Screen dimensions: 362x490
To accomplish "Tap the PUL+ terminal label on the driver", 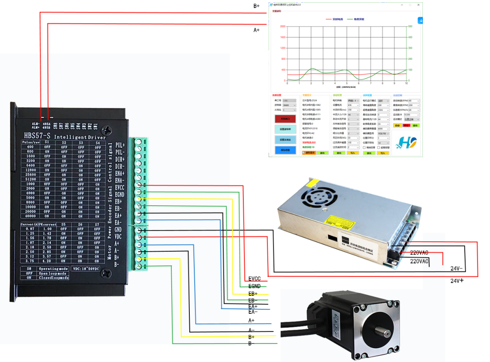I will pyautogui.click(x=120, y=145).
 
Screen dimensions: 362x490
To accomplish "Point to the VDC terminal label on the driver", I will pyautogui.click(x=118, y=237).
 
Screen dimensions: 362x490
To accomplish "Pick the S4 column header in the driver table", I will pyautogui.click(x=97, y=142).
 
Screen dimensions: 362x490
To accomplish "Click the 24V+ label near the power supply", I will pyautogui.click(x=458, y=281).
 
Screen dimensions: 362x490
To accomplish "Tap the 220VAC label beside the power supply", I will pyautogui.click(x=419, y=261).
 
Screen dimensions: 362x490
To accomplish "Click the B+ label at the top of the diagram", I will pyautogui.click(x=256, y=6).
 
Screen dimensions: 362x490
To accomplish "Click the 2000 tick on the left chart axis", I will pyautogui.click(x=283, y=26).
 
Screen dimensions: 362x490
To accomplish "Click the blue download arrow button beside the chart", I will pyautogui.click(x=420, y=20).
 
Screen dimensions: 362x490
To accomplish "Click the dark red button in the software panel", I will pyautogui.click(x=285, y=119).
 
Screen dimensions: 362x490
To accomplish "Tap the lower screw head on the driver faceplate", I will pyautogui.click(x=106, y=273).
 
